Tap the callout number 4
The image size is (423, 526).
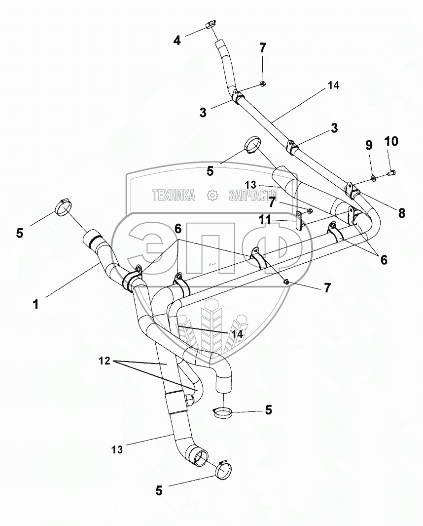(176, 40)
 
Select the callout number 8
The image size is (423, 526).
(401, 213)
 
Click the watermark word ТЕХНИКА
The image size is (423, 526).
(174, 195)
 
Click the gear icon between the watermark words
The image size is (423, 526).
(212, 195)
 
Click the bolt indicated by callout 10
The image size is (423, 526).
(392, 173)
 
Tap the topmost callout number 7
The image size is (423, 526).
(263, 48)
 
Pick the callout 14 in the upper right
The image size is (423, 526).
(333, 85)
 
